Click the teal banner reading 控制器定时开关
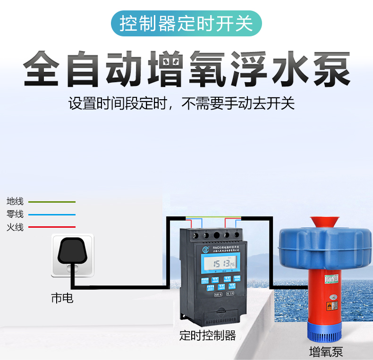click(186, 23)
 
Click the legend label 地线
click(15, 202)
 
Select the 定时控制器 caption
click(208, 336)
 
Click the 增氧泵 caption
click(326, 351)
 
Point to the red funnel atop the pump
click(325, 223)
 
